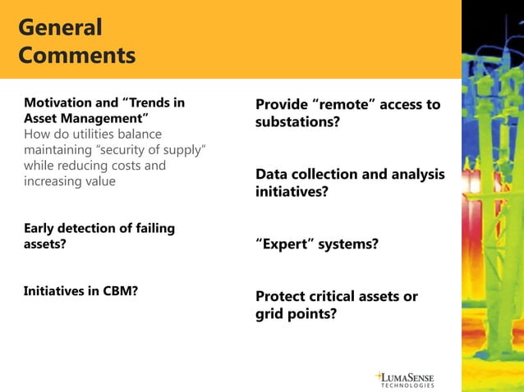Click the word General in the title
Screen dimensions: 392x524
(60, 27)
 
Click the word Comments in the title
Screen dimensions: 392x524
(76, 56)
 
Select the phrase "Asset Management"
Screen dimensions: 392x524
(86, 119)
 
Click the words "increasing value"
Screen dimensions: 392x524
(70, 181)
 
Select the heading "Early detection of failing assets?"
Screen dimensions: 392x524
(99, 235)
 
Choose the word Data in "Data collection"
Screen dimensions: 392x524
(272, 175)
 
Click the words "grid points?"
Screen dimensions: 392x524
(296, 313)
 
